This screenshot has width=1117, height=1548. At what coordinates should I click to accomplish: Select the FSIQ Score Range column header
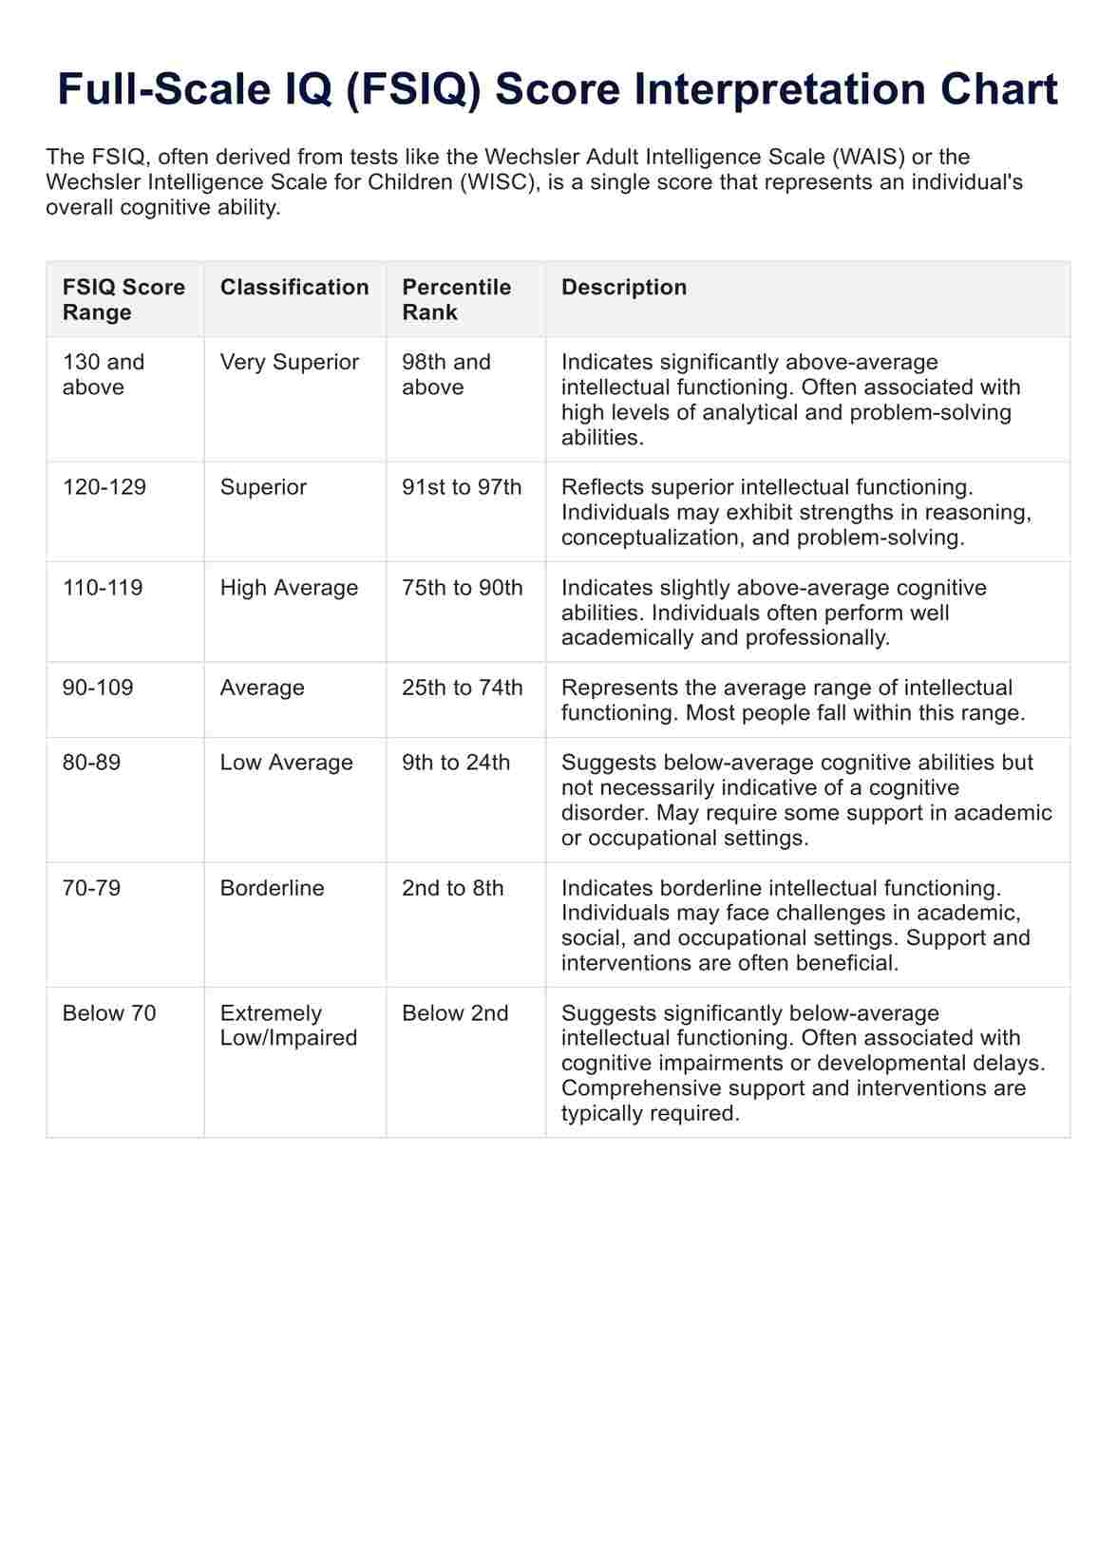click(123, 299)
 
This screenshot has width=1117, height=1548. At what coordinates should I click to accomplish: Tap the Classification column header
click(294, 287)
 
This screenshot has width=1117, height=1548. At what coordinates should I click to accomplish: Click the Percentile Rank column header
click(456, 299)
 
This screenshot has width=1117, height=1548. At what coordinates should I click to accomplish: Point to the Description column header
click(624, 287)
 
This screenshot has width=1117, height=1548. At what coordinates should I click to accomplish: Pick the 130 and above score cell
click(104, 374)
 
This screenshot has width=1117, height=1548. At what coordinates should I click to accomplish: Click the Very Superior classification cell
click(290, 362)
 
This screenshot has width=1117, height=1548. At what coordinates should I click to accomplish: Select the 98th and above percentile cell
click(446, 374)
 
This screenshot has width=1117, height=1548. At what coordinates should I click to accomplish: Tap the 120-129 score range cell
click(104, 487)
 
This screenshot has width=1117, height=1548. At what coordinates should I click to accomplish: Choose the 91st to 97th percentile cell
click(462, 487)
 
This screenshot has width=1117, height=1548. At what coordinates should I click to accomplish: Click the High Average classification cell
click(289, 588)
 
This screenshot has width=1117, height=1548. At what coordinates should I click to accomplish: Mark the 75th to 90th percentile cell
click(462, 588)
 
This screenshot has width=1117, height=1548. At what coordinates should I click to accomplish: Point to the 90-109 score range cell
click(98, 688)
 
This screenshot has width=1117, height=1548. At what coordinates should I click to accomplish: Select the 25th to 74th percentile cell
click(462, 688)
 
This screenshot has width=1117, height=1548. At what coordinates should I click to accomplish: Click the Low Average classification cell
click(286, 763)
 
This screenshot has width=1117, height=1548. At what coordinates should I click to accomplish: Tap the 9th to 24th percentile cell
click(456, 763)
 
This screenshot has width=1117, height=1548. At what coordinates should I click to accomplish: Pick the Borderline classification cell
click(272, 888)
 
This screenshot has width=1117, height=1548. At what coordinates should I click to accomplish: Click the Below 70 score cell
click(109, 1013)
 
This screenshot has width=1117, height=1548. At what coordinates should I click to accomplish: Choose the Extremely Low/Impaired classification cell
click(289, 1026)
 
